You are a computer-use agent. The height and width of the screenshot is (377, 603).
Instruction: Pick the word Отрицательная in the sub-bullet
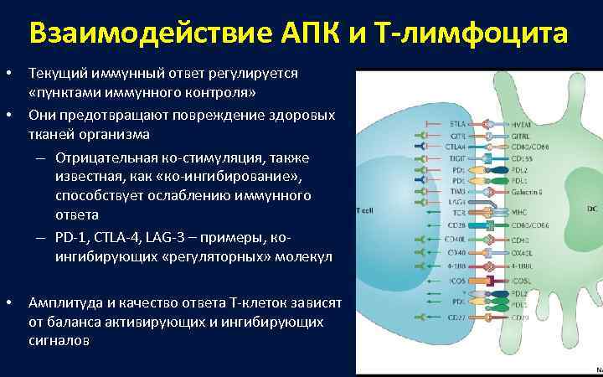coord(100,158)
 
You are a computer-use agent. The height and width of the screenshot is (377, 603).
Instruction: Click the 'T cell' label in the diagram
coord(366,210)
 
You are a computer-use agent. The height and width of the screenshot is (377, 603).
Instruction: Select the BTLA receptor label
coord(458,123)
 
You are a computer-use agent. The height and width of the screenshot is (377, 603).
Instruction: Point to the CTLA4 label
coord(456,146)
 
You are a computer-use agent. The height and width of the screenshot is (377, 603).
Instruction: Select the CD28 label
coord(458,225)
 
